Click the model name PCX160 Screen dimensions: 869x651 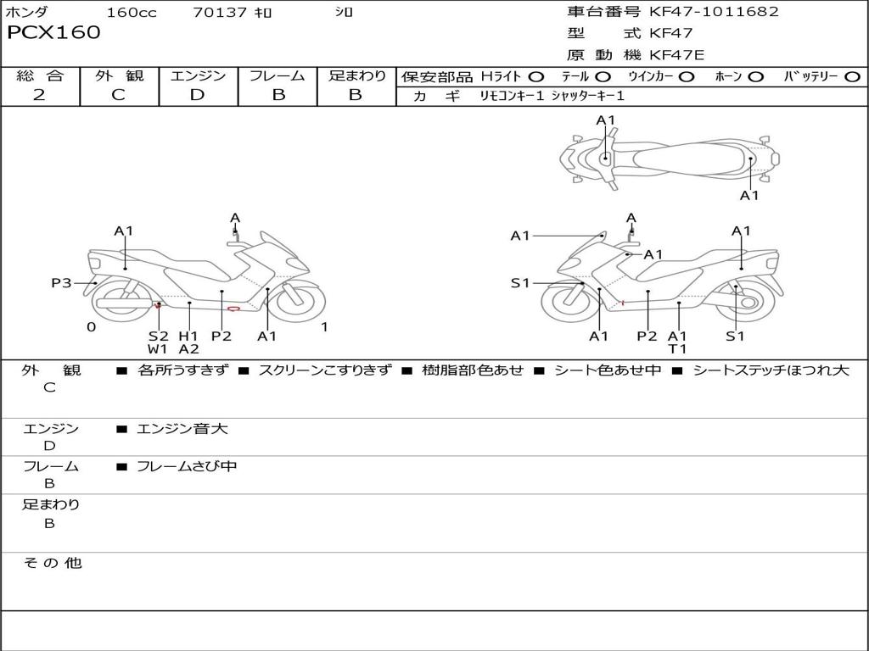point(53,32)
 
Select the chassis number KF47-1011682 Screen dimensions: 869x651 point(714,11)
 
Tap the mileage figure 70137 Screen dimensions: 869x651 point(219,12)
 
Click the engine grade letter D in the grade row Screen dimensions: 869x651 point(197,95)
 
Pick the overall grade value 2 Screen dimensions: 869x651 point(39,95)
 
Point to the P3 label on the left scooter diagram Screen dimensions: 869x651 point(61,283)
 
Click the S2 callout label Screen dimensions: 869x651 point(158,336)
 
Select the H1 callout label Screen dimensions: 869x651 point(188,336)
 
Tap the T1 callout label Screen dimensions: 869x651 point(677,348)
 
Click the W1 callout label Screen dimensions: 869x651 point(157,348)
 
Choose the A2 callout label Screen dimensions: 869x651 point(189,348)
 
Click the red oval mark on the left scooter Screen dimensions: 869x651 point(234,309)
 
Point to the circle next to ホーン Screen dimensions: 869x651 point(755,77)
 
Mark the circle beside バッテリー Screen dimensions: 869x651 point(852,77)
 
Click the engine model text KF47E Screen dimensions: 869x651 point(676,55)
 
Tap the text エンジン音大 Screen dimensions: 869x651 point(182,428)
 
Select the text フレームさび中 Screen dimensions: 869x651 point(187,466)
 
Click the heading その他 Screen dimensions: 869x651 point(53,563)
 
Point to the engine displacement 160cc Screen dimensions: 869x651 point(132,12)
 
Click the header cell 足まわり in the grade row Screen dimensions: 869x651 point(357,75)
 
